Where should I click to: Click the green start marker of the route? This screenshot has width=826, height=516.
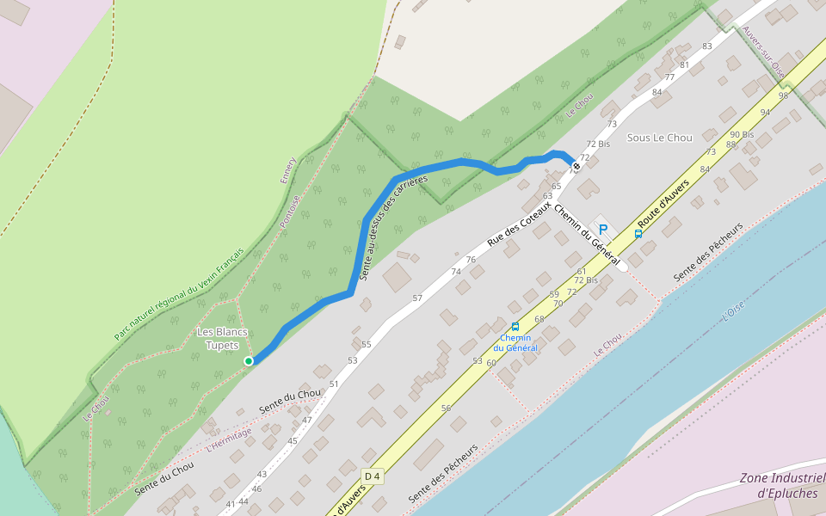249,361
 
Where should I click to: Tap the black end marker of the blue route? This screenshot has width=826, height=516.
576,166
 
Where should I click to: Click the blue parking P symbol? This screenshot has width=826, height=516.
603,230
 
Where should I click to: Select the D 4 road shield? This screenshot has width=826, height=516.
372,476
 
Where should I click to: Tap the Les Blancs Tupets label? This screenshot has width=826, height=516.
222,339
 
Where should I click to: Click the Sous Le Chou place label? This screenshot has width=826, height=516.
659,138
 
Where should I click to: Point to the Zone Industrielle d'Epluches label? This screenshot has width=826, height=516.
781,486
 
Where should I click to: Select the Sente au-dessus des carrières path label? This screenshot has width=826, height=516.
391,228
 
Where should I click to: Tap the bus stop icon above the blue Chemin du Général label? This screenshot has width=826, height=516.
515,327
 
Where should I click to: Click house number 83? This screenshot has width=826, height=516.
707,46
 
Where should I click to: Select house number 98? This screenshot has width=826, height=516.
783,95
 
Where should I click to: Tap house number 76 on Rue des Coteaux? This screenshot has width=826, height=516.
471,260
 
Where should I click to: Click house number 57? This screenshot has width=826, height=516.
417,298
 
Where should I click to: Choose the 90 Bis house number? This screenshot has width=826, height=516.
742,135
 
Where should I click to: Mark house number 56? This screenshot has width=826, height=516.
446,408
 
